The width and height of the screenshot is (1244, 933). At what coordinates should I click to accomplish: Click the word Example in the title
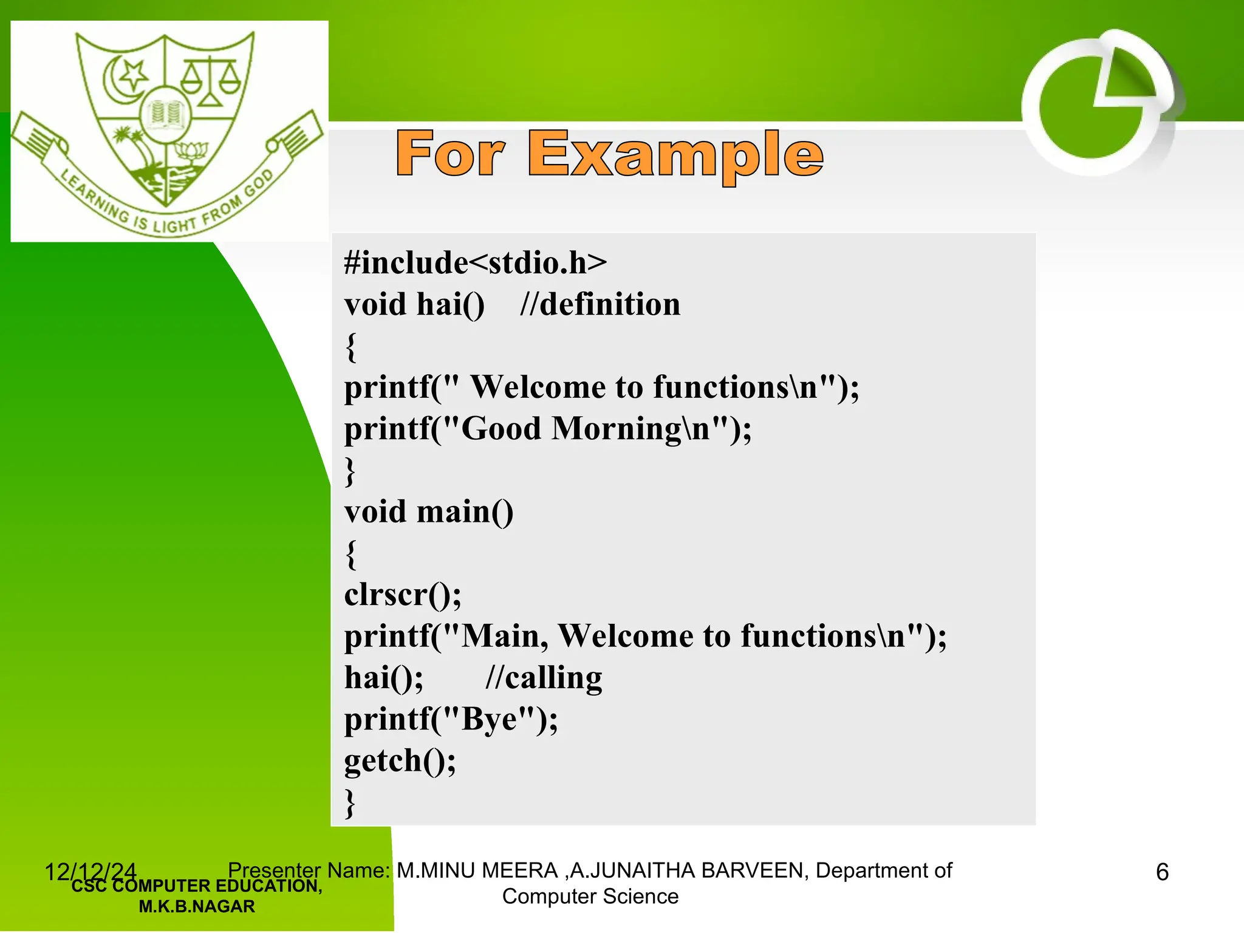pos(675,154)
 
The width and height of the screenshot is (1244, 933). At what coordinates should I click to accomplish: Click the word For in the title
pos(450,154)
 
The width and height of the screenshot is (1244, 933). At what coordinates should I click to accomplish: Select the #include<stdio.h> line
pos(475,262)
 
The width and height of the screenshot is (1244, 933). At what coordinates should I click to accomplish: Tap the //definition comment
pos(600,304)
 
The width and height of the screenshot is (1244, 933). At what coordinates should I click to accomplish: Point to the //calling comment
pos(544,678)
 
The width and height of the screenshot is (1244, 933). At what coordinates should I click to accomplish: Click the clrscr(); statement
pos(403,595)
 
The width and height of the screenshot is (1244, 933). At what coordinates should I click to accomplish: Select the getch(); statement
pos(400,761)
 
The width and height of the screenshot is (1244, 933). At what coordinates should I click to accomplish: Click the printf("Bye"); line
pos(451,719)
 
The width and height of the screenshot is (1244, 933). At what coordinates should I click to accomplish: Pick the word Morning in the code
pos(617,429)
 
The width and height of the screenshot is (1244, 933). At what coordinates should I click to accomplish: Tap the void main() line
pos(429,511)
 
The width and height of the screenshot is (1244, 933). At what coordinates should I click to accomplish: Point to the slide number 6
pos(1162,872)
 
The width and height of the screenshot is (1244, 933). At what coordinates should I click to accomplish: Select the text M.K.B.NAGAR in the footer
pos(196,906)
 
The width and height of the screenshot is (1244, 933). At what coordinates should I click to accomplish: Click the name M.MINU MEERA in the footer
pos(477,870)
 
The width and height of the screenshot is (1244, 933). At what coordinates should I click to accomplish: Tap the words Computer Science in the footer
pos(590,897)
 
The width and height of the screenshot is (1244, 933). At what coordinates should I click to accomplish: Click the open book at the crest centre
pos(165,114)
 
